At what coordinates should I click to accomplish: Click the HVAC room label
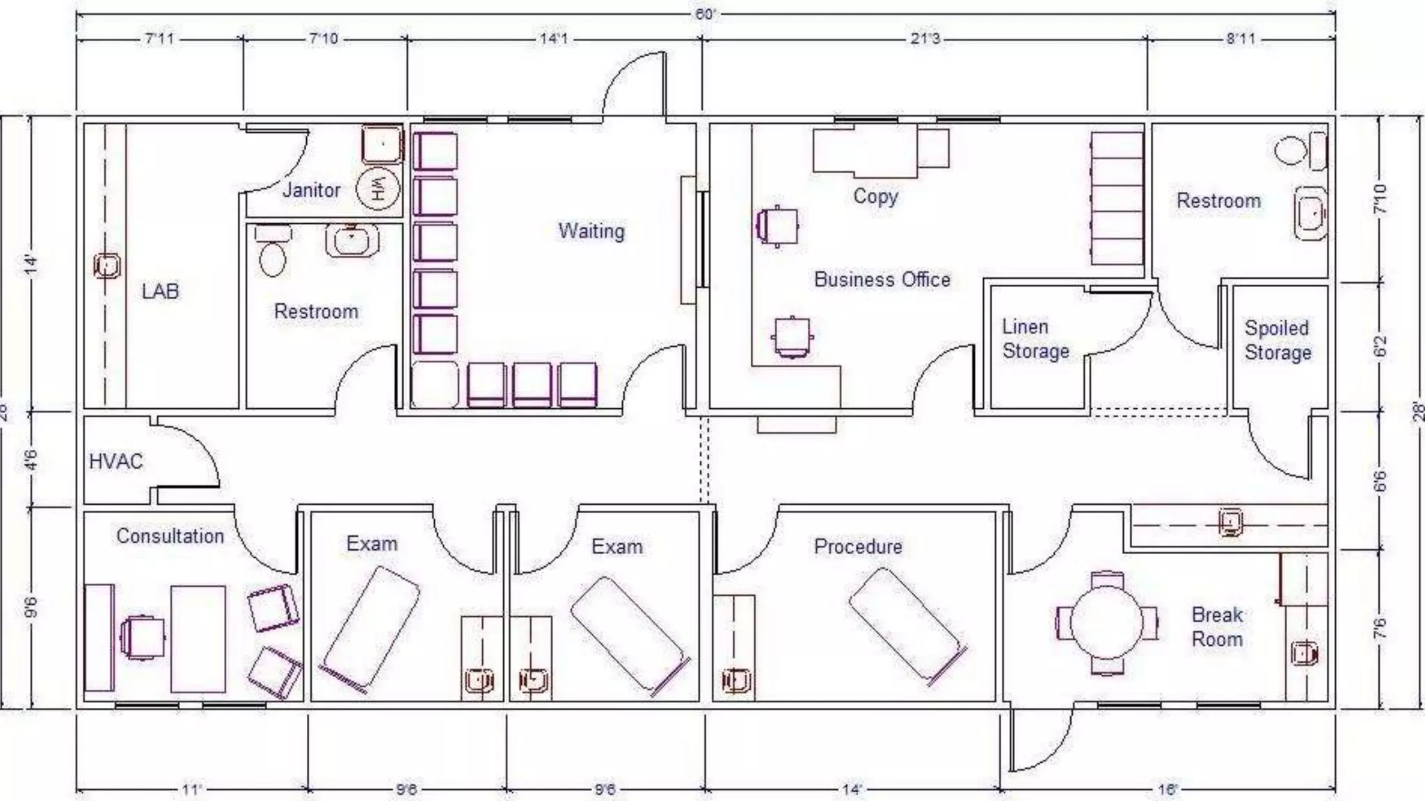pos(116,462)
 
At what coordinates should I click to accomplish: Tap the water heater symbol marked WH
pos(378,188)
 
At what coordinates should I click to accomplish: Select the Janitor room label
pos(311,190)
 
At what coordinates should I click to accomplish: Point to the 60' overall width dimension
pos(705,14)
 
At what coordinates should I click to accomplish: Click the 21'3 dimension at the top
pos(925,39)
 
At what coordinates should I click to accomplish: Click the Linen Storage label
pos(1035,339)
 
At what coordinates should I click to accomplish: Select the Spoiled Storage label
pos(1277,340)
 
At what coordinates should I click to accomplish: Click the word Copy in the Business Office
pos(875,196)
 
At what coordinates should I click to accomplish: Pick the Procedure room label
pos(857,547)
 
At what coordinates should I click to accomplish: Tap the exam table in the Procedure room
pos(907,625)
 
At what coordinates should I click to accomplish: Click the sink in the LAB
pos(106,266)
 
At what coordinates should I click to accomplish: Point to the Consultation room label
pos(170,536)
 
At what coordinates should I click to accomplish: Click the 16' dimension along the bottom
pos(1167,789)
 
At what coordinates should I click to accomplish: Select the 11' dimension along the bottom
pos(191,789)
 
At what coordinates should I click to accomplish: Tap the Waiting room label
pos(591,231)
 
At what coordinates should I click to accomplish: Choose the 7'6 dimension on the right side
pos(1380,628)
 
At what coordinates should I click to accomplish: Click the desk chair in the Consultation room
pos(143,638)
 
